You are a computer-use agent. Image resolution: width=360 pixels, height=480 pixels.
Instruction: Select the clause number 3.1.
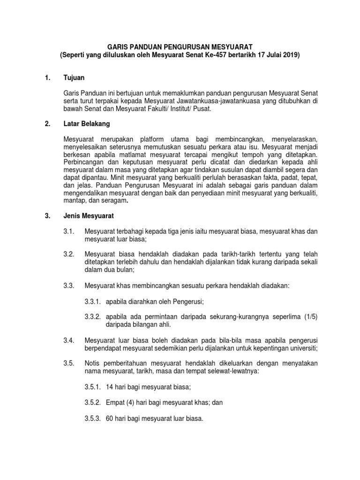pyautogui.click(x=69, y=231)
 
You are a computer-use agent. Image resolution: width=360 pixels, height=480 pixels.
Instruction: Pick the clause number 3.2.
pyautogui.click(x=69, y=254)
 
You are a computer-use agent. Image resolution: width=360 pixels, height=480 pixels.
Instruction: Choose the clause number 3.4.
pyautogui.click(x=69, y=339)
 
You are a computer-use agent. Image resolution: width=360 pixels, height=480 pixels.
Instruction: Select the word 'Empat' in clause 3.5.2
pyautogui.click(x=115, y=403)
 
